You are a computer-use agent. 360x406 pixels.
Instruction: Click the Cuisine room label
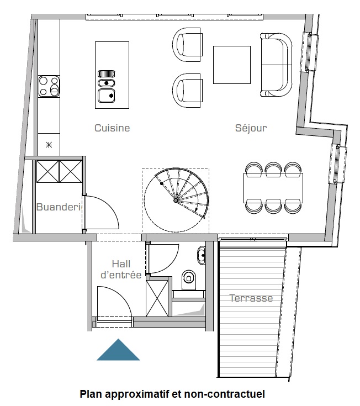click(112, 128)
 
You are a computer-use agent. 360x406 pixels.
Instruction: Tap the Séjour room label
click(251, 128)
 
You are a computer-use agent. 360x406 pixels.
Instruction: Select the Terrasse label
click(251, 298)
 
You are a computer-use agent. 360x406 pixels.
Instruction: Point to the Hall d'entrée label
click(121, 270)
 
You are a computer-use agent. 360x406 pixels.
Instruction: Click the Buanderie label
click(59, 207)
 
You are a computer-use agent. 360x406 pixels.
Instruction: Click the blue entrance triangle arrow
click(118, 350)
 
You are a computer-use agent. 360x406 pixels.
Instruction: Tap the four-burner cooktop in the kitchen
click(49, 86)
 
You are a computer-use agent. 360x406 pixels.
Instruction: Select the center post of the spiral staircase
click(176, 200)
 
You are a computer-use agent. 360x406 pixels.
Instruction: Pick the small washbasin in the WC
click(202, 255)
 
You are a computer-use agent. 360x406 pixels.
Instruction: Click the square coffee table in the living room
click(232, 65)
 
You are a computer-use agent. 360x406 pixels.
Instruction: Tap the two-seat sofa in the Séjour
click(276, 65)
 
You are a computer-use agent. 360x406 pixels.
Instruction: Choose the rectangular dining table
click(273, 188)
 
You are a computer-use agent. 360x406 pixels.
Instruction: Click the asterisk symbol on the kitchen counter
click(49, 145)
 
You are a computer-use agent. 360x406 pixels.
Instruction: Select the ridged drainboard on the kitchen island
click(107, 74)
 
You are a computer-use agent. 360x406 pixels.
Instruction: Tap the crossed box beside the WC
click(157, 298)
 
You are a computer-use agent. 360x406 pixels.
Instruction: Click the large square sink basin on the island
click(107, 96)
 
